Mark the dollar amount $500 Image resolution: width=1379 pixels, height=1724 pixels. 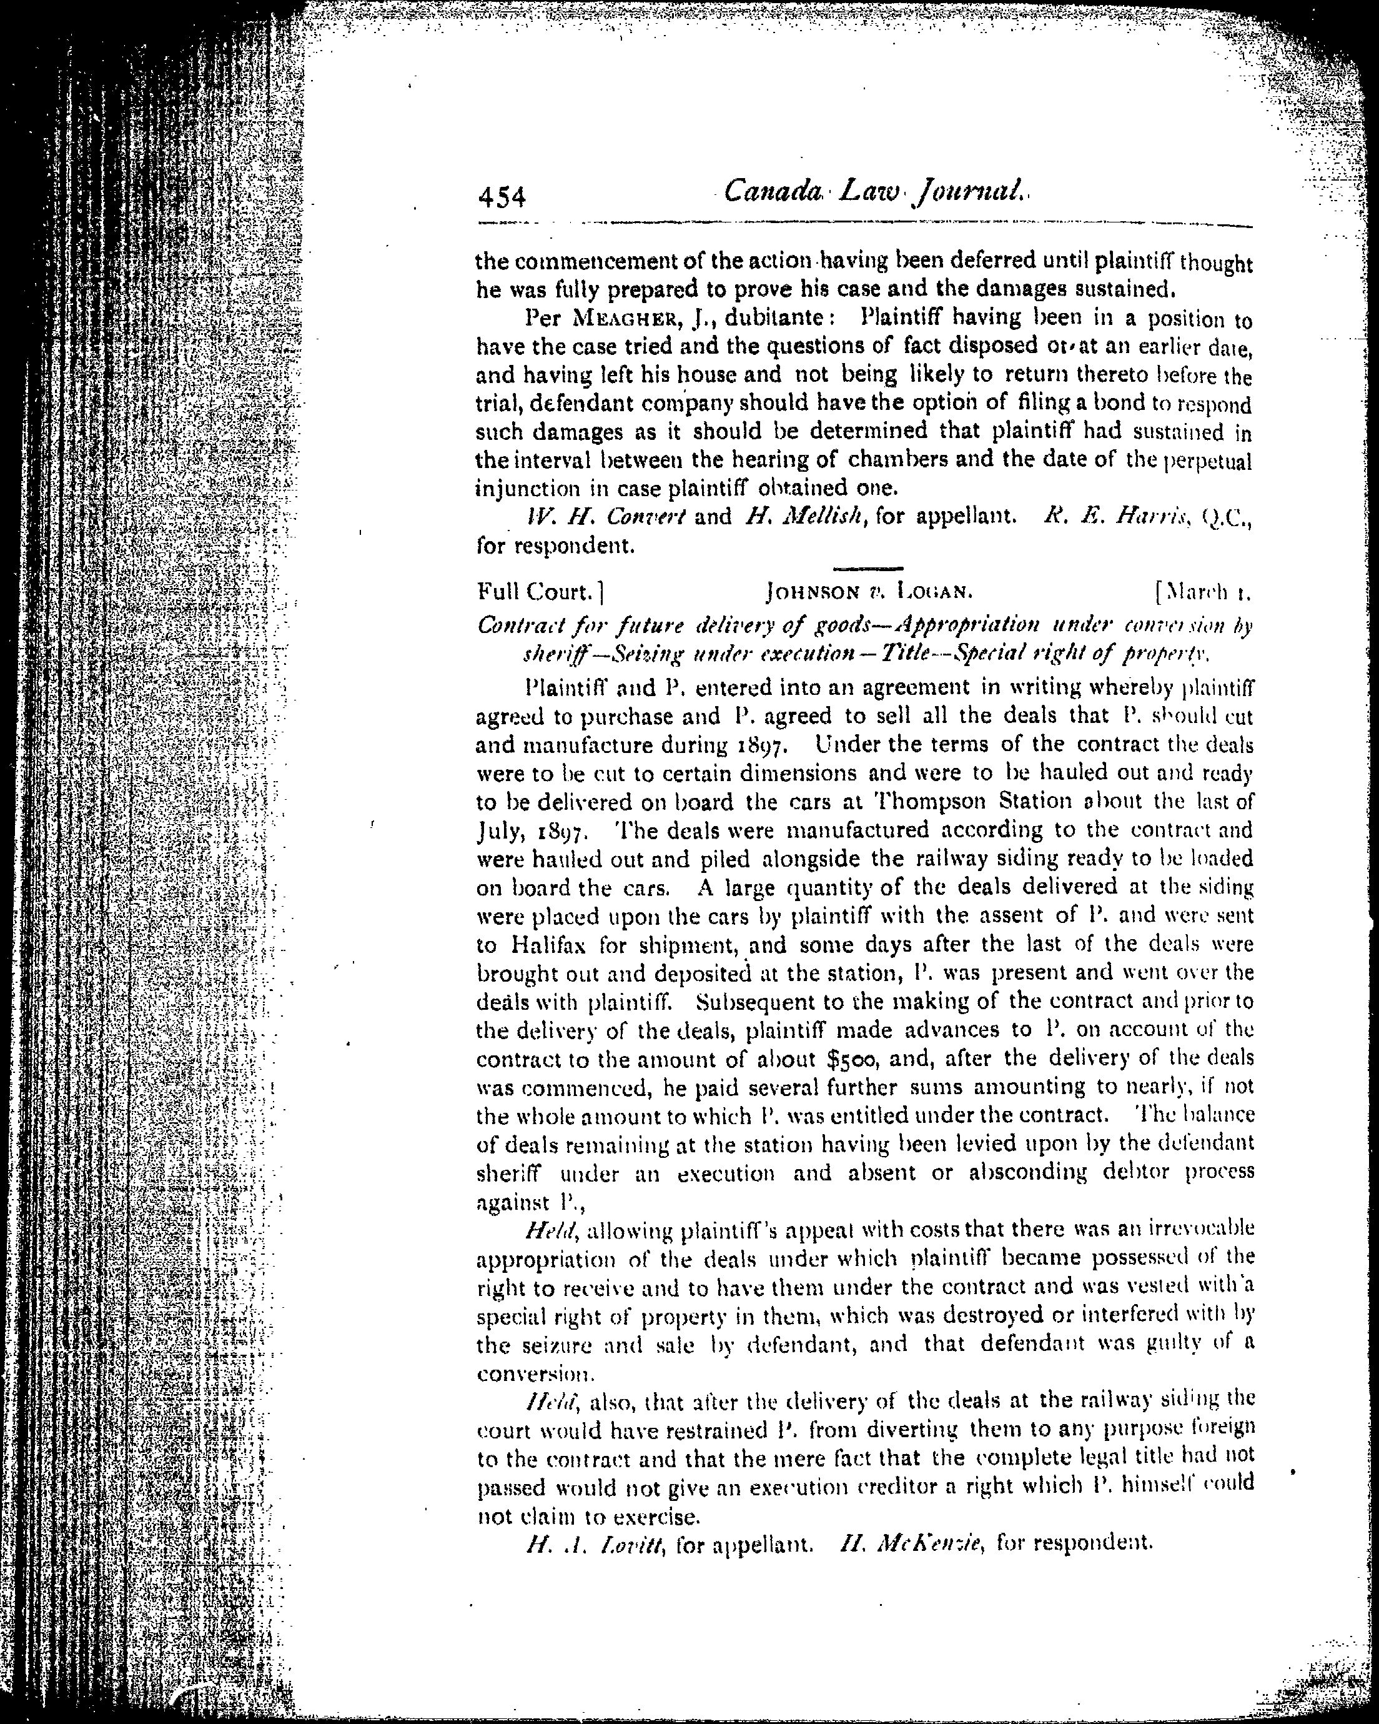coord(851,1060)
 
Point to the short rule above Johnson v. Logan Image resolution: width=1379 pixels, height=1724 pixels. coord(867,569)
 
